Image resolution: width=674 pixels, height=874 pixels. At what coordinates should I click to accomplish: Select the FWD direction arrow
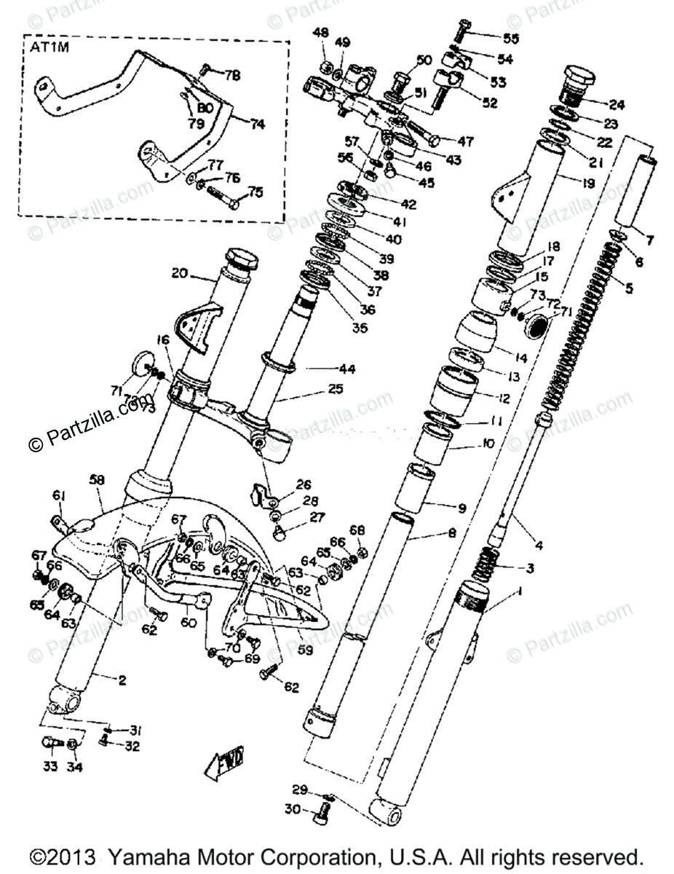(x=225, y=765)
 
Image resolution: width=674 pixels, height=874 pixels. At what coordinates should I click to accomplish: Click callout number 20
(x=181, y=274)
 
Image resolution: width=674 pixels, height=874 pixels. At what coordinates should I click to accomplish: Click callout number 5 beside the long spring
(x=627, y=288)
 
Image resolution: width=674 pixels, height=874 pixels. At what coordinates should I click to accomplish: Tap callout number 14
(x=521, y=358)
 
